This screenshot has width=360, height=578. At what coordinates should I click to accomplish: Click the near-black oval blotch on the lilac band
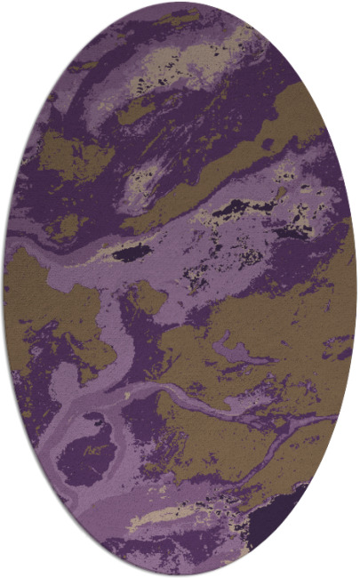point(132,253)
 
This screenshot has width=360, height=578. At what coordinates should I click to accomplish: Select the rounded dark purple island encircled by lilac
point(86,450)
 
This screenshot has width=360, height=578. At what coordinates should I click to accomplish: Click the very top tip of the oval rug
point(179,4)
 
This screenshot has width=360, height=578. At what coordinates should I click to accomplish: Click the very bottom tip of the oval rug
point(180,575)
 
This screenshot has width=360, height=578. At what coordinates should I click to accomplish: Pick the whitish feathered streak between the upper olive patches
point(142,173)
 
